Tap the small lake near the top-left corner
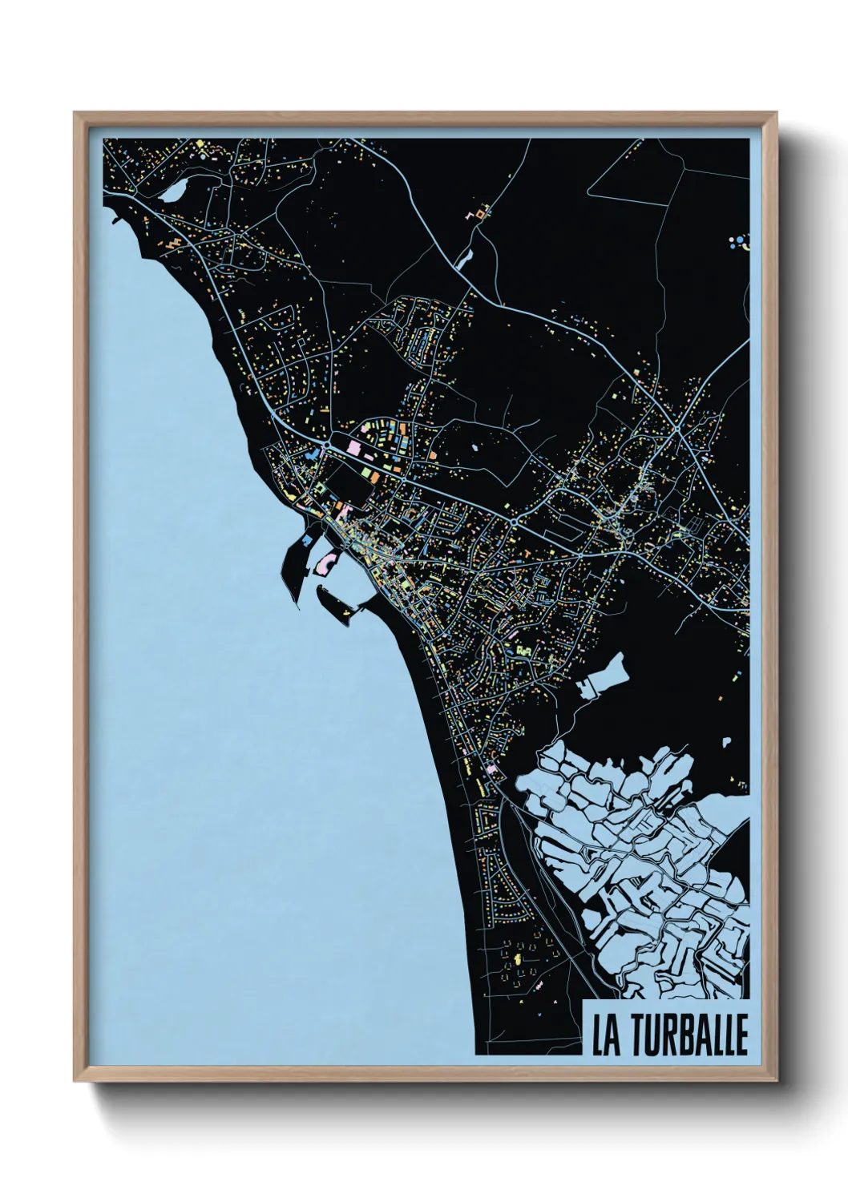point(171,193)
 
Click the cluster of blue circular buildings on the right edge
point(738,241)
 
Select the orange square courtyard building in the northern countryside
point(481,213)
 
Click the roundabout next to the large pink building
point(329,442)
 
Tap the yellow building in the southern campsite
point(517,957)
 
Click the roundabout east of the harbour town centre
point(513,522)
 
